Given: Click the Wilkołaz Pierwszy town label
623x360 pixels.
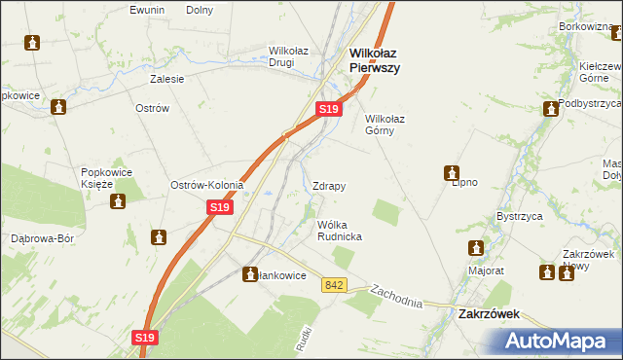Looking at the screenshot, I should point(376,61).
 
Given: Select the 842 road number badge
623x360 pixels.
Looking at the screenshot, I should point(336,284).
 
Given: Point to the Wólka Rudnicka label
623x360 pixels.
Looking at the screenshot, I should point(340,231).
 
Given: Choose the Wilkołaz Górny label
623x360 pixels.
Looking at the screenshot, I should point(391,126).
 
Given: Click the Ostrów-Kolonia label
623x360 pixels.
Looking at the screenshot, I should point(206,185).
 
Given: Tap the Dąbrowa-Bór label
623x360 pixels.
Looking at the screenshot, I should point(42,237).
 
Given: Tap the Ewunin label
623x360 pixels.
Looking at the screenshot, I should point(148,10).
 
